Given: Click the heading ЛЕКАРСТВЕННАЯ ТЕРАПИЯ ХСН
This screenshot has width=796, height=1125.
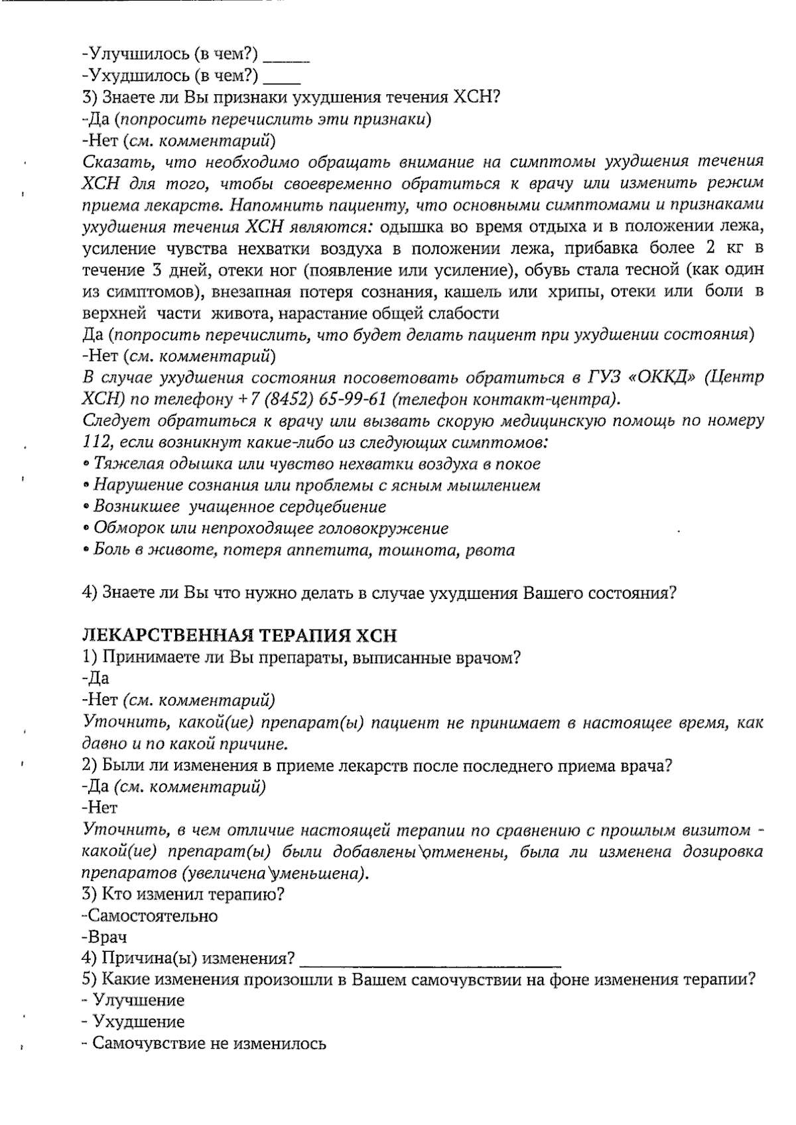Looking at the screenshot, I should tap(239, 635).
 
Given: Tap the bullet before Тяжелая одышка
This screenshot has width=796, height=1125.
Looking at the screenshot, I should tap(87, 464).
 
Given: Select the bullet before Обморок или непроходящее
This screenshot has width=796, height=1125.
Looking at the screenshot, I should tap(87, 529).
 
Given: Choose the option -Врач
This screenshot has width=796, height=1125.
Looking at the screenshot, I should tap(105, 938).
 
